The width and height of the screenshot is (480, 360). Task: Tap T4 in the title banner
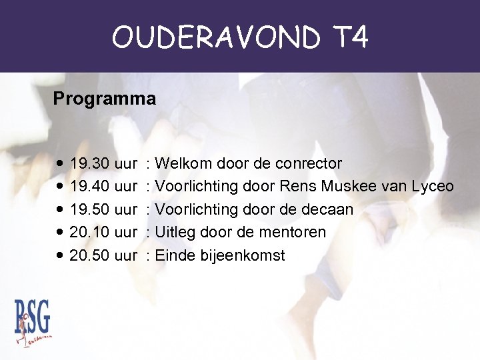point(349,37)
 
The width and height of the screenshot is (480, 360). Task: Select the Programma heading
point(105,99)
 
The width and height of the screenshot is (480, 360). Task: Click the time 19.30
point(90,163)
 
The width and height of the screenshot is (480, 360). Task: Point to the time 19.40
point(90,187)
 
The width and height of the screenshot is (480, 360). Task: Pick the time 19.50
point(90,209)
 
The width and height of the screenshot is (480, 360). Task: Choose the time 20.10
point(90,232)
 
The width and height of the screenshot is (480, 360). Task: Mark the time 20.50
point(90,255)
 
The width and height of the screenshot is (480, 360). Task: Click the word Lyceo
point(433,187)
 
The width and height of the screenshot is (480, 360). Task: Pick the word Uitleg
point(173,232)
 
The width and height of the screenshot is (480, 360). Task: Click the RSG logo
point(33,323)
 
